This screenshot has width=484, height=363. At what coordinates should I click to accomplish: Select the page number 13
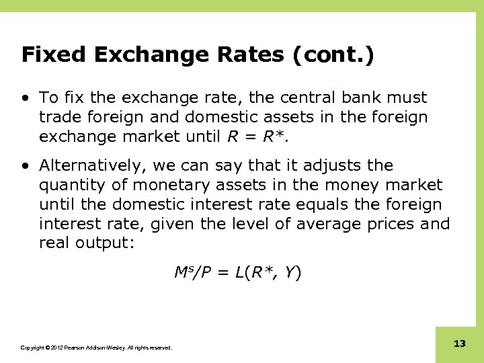(x=460, y=344)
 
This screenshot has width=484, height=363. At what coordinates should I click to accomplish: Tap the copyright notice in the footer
(x=97, y=348)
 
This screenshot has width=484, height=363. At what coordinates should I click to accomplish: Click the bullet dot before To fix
(x=25, y=98)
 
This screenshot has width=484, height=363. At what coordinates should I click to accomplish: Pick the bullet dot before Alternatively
(x=25, y=166)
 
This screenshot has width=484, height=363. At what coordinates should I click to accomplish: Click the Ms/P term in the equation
(x=190, y=272)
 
